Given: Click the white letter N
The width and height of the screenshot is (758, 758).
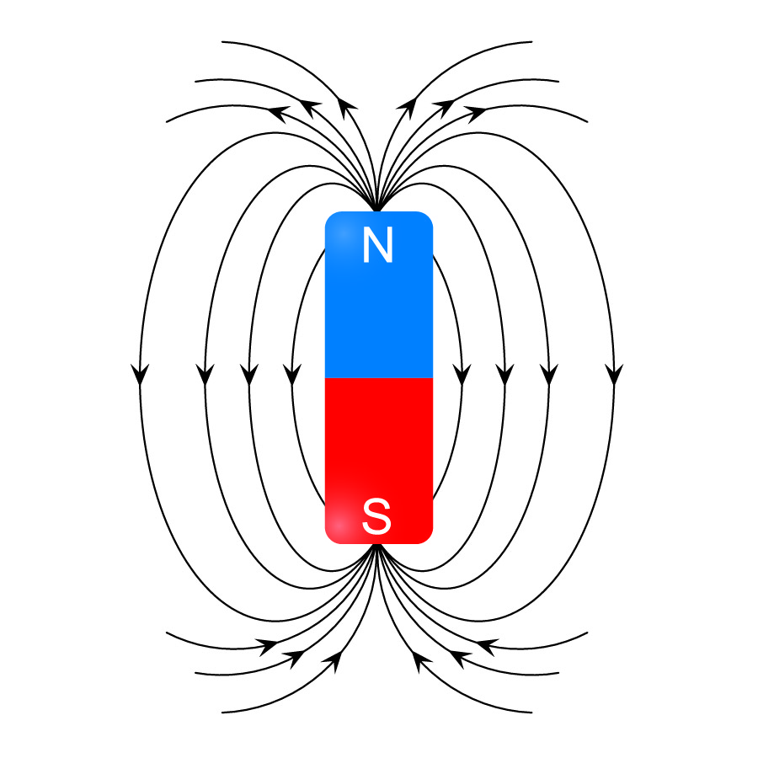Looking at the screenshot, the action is pyautogui.click(x=377, y=245).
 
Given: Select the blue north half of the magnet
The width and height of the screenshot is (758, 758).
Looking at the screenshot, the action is pyautogui.click(x=378, y=295).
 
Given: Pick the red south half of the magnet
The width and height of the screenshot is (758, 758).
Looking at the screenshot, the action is pyautogui.click(x=378, y=461).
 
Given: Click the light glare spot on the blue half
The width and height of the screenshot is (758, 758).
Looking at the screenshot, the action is pyautogui.click(x=342, y=233).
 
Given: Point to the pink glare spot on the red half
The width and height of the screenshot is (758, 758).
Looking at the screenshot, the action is pyautogui.click(x=339, y=525).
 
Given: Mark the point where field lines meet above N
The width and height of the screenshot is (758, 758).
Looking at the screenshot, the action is pyautogui.click(x=377, y=211).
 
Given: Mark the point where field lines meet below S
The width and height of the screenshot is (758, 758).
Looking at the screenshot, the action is pyautogui.click(x=377, y=545).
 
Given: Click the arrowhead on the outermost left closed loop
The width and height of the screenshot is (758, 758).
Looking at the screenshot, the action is pyautogui.click(x=140, y=375).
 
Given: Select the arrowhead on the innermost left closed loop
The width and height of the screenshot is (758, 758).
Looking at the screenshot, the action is pyautogui.click(x=292, y=375).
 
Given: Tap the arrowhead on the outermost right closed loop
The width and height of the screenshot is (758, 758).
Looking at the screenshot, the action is pyautogui.click(x=614, y=375).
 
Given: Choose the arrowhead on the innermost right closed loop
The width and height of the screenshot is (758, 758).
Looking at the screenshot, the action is pyautogui.click(x=462, y=375).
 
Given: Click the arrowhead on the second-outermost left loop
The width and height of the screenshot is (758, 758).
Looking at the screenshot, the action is pyautogui.click(x=205, y=375).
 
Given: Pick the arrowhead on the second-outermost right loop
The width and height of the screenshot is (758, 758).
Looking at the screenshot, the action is pyautogui.click(x=548, y=375).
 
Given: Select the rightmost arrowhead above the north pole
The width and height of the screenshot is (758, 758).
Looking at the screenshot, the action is pyautogui.click(x=476, y=114).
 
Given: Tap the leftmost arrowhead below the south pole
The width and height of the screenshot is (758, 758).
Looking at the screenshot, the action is pyautogui.click(x=269, y=647).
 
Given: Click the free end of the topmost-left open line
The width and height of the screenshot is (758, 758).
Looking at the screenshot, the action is pyautogui.click(x=222, y=42).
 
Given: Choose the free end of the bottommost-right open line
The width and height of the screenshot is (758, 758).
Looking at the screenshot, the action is pyautogui.click(x=531, y=712).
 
